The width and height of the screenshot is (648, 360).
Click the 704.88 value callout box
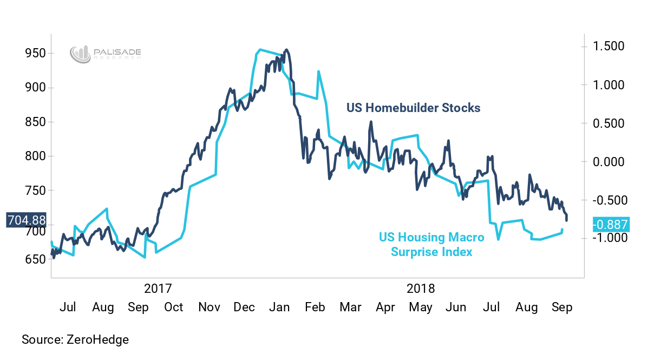[x=26, y=220]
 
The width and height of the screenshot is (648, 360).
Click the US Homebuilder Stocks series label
[x=413, y=108]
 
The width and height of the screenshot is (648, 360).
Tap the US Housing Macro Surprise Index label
[x=431, y=245]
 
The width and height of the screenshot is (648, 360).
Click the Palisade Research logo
[x=106, y=54]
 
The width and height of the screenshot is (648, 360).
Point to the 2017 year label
[x=158, y=287]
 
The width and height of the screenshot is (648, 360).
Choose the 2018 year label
[x=420, y=287]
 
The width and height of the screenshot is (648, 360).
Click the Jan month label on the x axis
[x=279, y=307]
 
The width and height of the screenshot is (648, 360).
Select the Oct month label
[x=174, y=307]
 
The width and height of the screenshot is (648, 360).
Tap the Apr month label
[x=385, y=307]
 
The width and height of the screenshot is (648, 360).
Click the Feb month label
[x=315, y=307]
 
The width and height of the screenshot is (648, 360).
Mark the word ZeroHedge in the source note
[x=97, y=340]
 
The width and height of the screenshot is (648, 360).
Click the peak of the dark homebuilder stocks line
[x=286, y=50]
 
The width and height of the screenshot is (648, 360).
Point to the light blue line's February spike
[x=319, y=71]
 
